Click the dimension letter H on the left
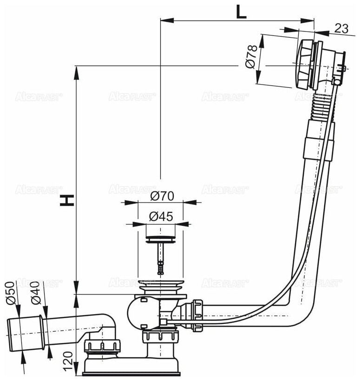click(68, 200)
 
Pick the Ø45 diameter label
click(161, 217)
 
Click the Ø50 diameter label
click(13, 294)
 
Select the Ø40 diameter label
click(37, 294)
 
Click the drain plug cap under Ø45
click(160, 239)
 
